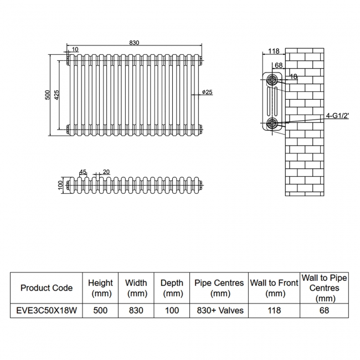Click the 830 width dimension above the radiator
pos(134,43)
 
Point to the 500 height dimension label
pos(48,95)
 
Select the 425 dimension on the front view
pos(57,95)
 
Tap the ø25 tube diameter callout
pos(207,92)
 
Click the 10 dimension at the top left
pos(75,50)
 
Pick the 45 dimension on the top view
pos(83,172)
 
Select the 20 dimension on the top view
pos(106,172)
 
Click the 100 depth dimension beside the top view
pos(60,184)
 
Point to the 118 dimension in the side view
pos(273,52)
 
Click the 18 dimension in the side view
pos(294,77)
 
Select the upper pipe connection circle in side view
pos(272,80)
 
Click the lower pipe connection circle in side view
pos(272,123)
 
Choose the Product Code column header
pos(47,288)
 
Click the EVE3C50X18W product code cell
pos(47,310)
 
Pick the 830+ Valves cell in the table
pos(219,310)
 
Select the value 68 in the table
pos(324,310)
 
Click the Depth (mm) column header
pos(172,288)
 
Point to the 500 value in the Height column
pos(100,310)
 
